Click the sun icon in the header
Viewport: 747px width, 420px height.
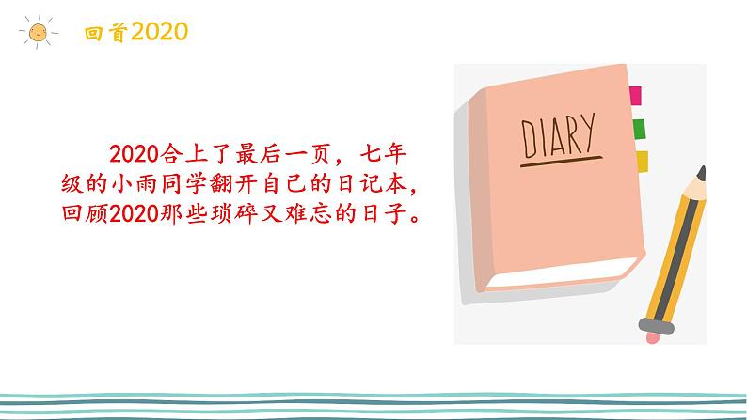pos(37,33)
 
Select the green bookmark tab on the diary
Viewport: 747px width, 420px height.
pos(639,129)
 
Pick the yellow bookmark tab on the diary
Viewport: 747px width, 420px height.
pos(642,162)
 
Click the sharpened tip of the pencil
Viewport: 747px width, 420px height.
pos(701,172)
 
